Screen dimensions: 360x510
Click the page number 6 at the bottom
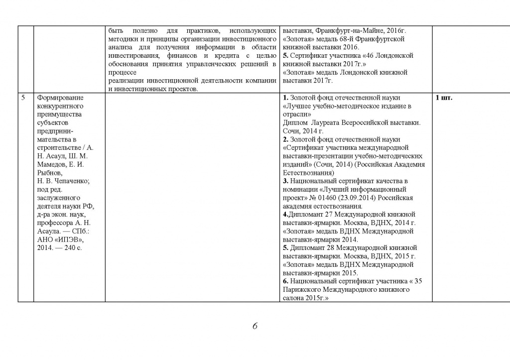(255, 327)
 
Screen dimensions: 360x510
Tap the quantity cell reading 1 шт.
(444, 98)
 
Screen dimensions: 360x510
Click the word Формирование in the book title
(60, 98)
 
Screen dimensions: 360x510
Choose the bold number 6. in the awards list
(285, 281)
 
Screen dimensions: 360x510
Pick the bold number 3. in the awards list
(285, 181)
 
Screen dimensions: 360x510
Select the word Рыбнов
(49, 173)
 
